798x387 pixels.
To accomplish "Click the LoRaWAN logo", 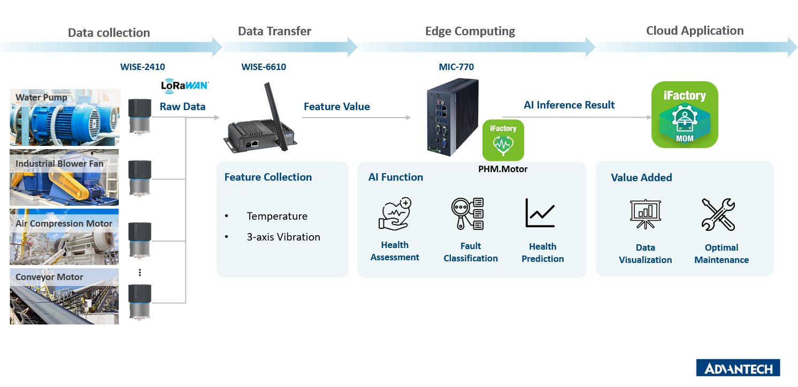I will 185,86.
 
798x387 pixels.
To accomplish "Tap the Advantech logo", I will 738,368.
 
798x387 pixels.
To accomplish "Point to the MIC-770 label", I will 456,67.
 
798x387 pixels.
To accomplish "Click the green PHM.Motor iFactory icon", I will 503,140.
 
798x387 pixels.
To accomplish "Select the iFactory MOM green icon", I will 684,115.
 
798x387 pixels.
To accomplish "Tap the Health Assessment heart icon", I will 395,214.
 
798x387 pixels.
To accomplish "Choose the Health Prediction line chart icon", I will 540,213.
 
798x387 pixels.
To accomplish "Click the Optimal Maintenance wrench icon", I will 718,214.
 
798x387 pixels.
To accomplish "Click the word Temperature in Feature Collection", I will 277,216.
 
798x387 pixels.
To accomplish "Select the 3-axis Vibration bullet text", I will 283,237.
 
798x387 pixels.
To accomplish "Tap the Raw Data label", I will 182,107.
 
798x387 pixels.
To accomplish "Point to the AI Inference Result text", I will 569,105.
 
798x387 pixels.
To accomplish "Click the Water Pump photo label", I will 42,97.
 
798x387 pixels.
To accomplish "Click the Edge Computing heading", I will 470,32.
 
